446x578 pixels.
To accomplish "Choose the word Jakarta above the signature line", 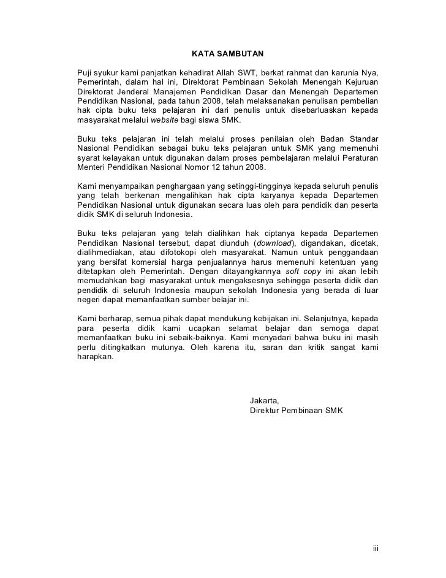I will tap(265, 399).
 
